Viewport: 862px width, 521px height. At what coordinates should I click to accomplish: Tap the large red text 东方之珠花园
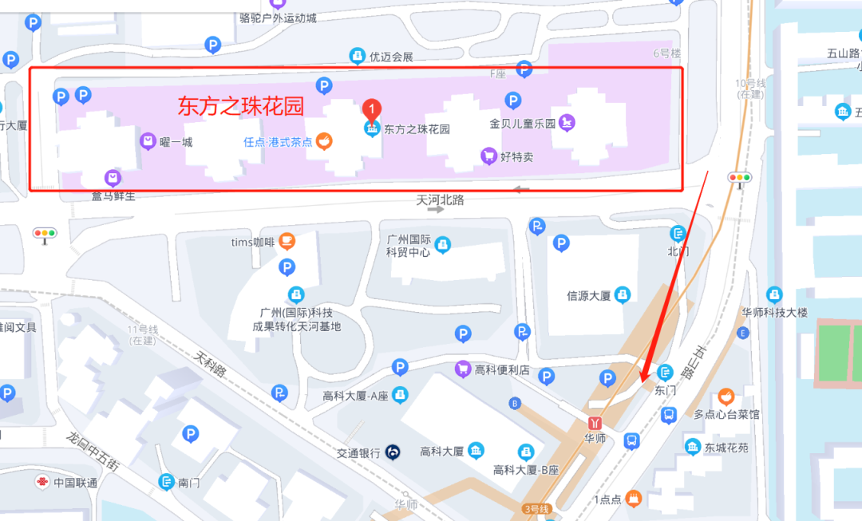coord(240,105)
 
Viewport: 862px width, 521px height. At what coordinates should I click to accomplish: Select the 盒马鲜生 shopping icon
coord(113,177)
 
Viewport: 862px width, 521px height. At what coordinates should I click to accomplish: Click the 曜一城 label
coord(176,142)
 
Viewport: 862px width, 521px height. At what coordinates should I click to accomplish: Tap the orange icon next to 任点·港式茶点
coord(324,141)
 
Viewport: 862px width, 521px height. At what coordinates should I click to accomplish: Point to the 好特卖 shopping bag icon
coord(488,156)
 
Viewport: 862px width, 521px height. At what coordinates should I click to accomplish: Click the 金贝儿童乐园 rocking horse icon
coord(567,123)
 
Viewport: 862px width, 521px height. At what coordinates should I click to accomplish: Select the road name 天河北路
coord(440,200)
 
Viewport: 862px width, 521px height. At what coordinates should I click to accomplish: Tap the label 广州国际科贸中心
coord(409,246)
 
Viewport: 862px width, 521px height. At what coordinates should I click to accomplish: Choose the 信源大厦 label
coord(588,295)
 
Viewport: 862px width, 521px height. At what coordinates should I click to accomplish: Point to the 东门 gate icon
coord(665,372)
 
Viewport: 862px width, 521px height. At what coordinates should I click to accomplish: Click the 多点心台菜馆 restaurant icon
coord(726,397)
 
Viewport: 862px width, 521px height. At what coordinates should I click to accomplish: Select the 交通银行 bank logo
coord(391,452)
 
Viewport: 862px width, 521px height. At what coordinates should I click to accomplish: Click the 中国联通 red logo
coord(41,482)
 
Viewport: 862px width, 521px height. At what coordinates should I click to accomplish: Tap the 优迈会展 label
coord(390,57)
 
